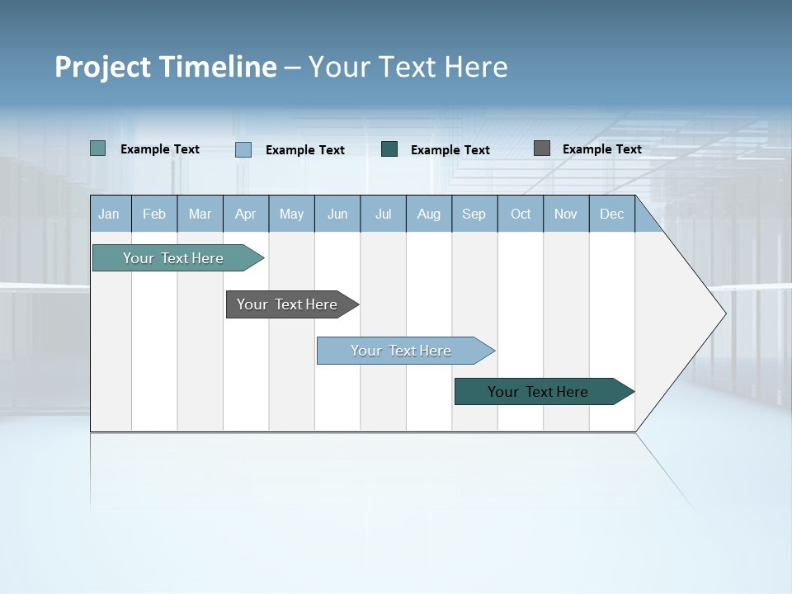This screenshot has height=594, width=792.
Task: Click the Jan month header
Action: (109, 214)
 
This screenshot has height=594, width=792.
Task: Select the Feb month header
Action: (154, 214)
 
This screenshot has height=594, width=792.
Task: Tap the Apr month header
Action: (246, 214)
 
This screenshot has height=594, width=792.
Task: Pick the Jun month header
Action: (337, 214)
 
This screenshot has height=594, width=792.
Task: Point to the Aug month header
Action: (429, 214)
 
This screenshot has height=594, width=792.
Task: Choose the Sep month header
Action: (474, 214)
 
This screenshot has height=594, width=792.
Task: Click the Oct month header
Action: (521, 214)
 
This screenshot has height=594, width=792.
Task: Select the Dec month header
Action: (611, 214)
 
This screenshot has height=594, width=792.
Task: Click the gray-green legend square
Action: (98, 148)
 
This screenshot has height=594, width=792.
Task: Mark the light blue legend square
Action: (243, 149)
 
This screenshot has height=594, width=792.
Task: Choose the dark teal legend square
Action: (389, 149)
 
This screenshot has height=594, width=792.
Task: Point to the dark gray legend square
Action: (542, 148)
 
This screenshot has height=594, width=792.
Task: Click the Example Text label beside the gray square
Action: (601, 149)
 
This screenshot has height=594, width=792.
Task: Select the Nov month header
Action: (566, 214)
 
